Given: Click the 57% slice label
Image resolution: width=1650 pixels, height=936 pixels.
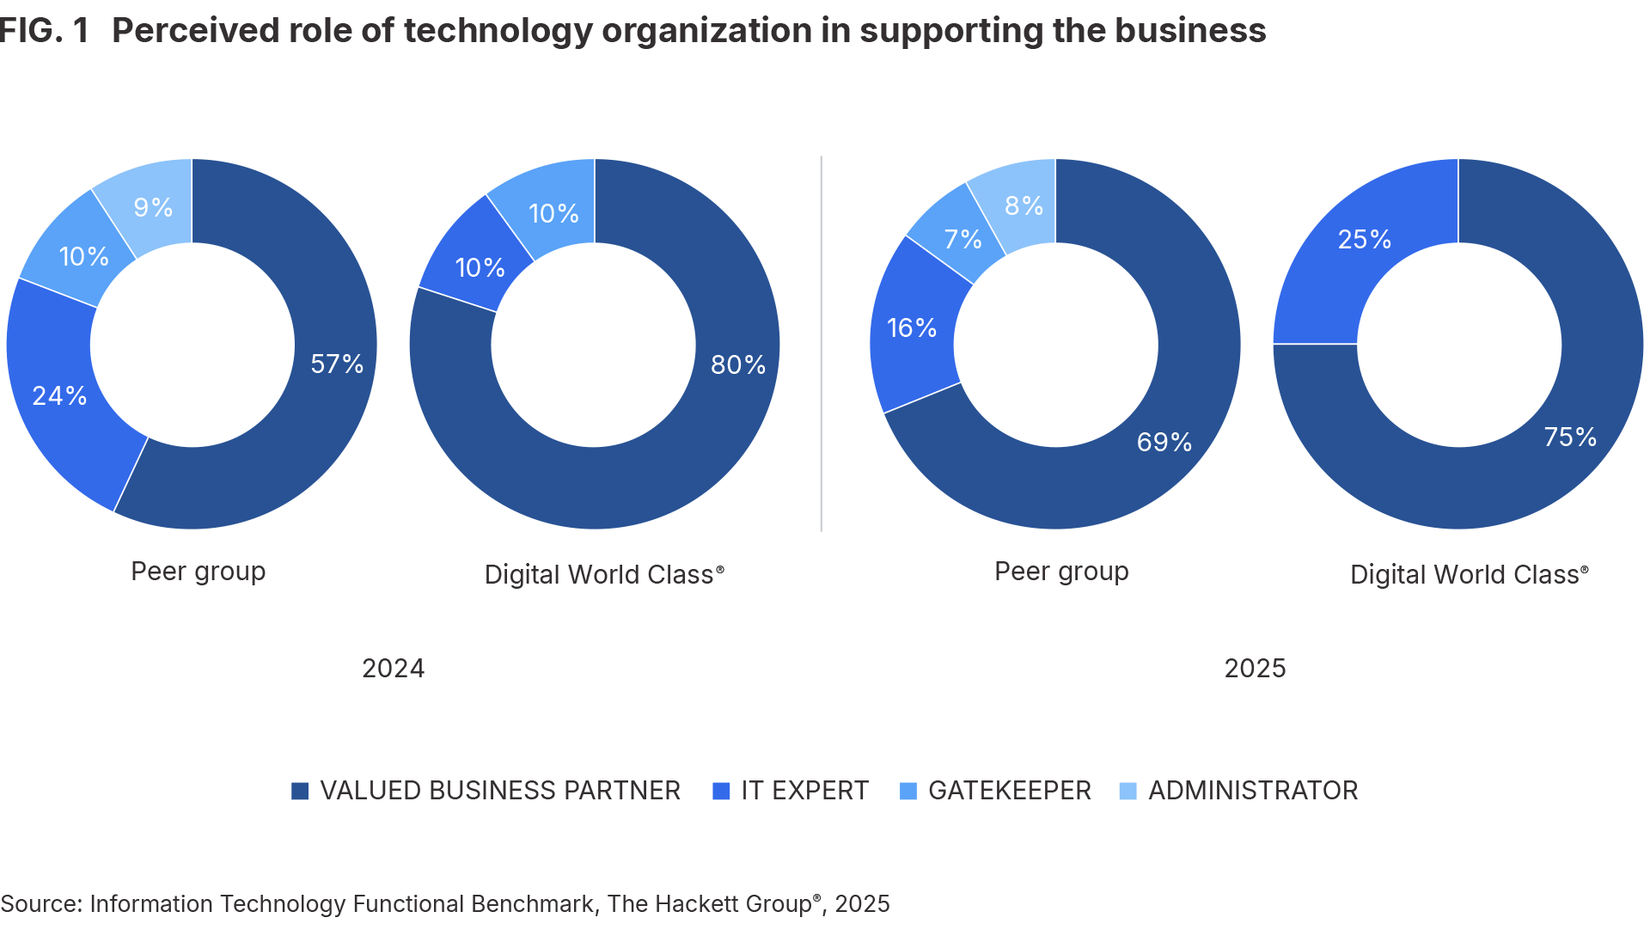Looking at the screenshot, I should click(x=337, y=364).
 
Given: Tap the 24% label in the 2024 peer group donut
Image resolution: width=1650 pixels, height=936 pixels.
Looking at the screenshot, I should click(x=59, y=395).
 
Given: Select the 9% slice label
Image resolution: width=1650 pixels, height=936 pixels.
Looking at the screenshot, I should click(x=153, y=207).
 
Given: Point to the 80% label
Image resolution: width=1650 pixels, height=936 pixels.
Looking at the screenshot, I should click(x=738, y=364).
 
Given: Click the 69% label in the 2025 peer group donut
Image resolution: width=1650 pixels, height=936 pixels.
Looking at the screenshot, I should click(x=1164, y=442).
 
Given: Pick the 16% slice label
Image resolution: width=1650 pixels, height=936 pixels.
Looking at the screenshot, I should click(x=912, y=327).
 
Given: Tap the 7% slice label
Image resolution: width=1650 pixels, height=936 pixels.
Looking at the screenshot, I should click(x=962, y=239).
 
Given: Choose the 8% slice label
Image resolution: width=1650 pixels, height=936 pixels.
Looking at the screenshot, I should click(x=1024, y=205).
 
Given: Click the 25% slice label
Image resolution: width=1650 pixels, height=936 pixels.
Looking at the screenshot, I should click(x=1365, y=239).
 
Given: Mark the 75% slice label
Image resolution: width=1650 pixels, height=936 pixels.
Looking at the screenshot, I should click(x=1570, y=437).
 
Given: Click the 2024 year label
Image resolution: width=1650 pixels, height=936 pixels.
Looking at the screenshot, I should click(x=393, y=668).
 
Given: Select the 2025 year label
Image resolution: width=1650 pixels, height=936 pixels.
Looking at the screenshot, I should click(x=1255, y=668).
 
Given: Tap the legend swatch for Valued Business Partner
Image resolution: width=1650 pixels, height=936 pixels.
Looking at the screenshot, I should click(x=300, y=791).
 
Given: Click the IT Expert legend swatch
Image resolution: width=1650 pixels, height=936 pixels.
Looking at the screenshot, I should click(x=722, y=791).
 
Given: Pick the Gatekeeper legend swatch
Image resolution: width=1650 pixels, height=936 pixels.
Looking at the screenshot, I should click(x=907, y=791).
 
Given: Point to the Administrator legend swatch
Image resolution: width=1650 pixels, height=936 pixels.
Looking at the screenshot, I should click(x=1127, y=791).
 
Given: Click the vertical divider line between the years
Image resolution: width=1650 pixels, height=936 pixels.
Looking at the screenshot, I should click(x=822, y=344).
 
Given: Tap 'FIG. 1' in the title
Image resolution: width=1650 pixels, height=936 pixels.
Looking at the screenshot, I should click(x=45, y=31).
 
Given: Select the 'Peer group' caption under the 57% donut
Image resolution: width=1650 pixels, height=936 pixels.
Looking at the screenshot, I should click(x=198, y=572).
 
